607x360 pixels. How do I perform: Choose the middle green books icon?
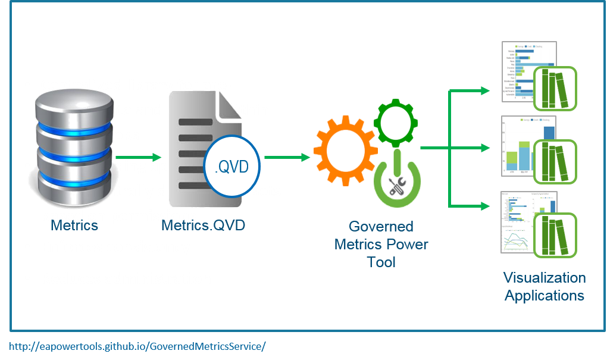pos(556,161)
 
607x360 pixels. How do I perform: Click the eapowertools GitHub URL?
pos(137,346)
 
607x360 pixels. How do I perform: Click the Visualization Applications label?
pos(545,287)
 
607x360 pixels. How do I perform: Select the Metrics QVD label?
pos(204,226)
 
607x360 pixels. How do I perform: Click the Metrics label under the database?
pos(74,226)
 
